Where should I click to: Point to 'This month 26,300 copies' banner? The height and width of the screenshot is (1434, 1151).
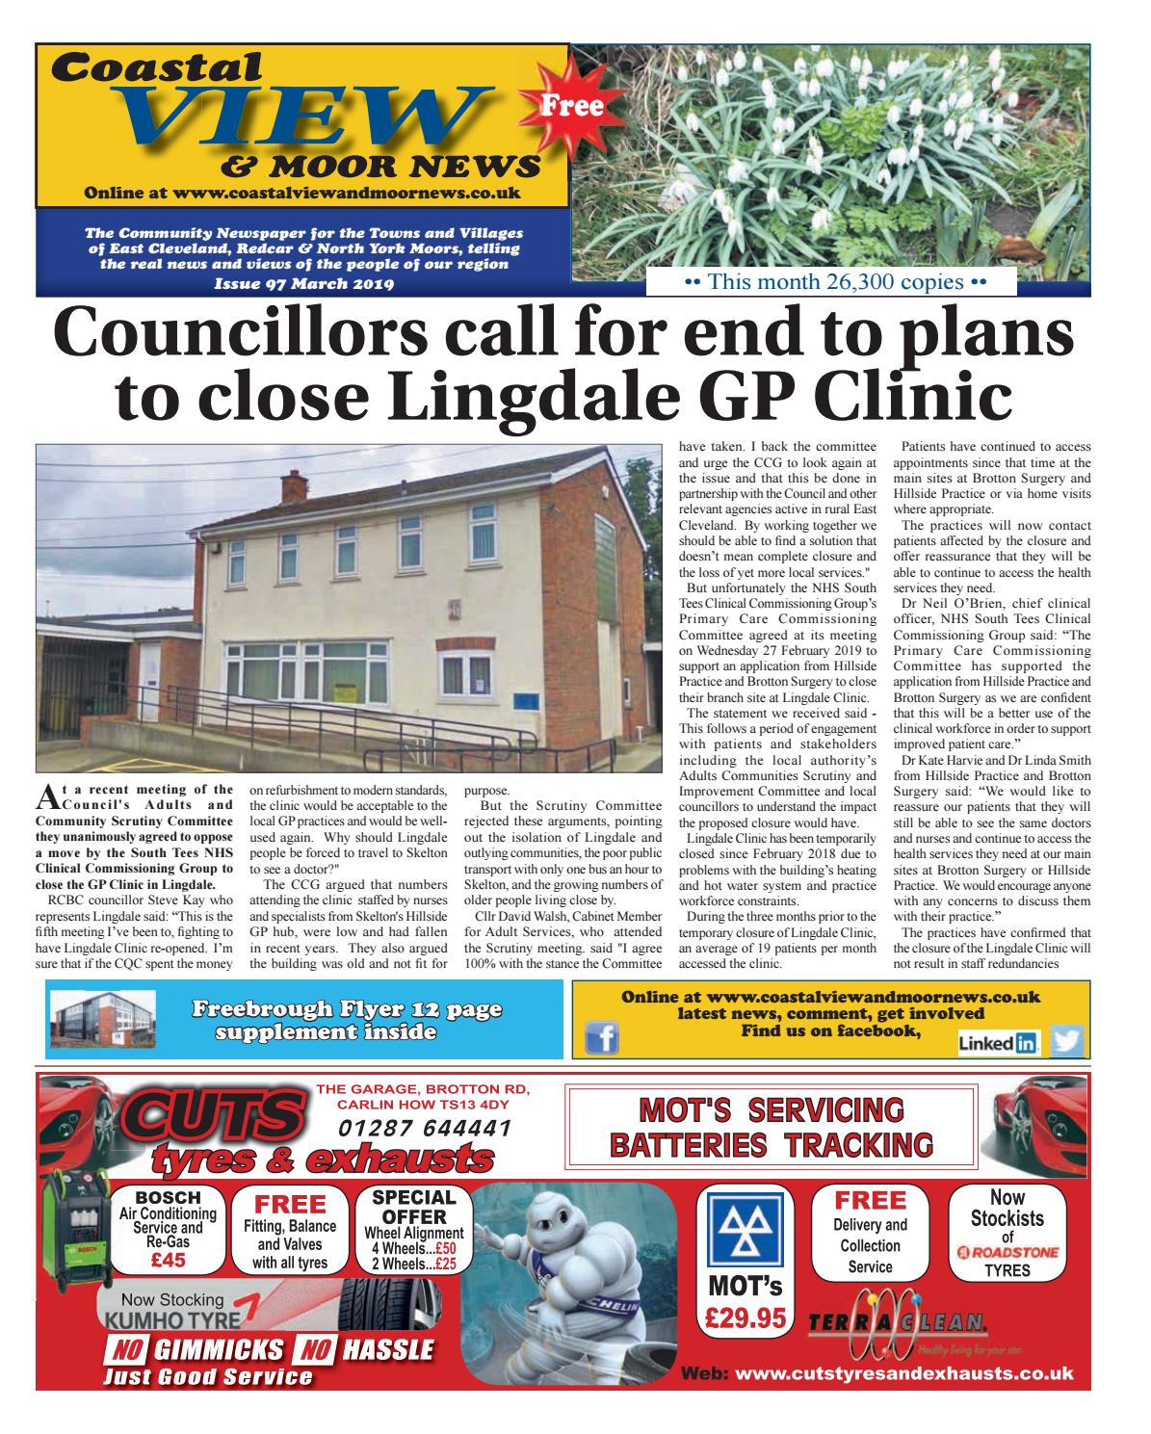pos(835,282)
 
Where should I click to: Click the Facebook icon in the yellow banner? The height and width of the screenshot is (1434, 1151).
pos(601,1038)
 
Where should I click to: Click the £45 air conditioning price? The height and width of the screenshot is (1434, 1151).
pos(168,1259)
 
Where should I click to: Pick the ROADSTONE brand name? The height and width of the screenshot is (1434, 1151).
pos(1007,1252)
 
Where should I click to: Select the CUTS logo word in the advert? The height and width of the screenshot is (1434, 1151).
pos(206,1117)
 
